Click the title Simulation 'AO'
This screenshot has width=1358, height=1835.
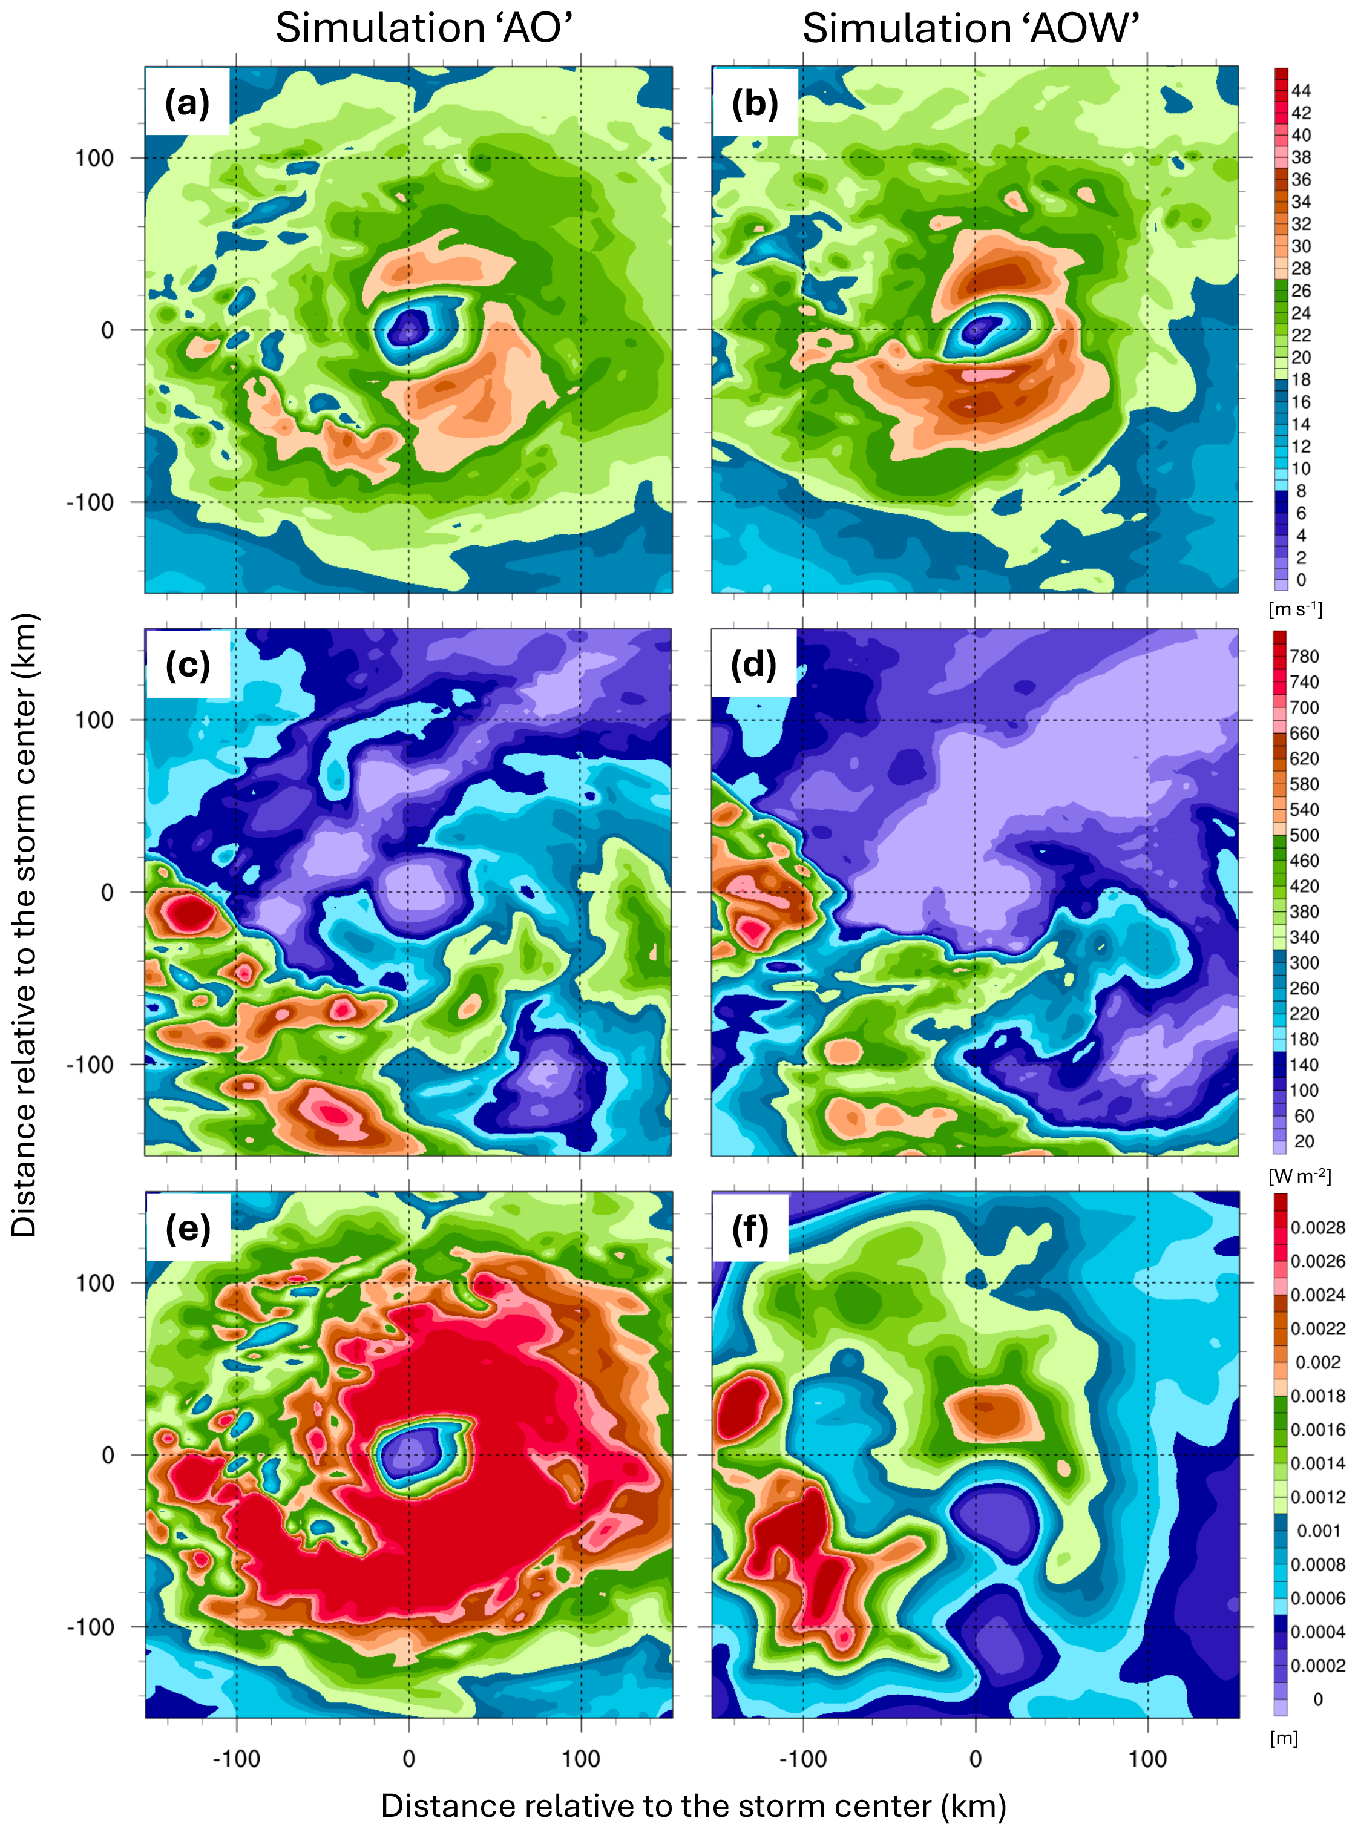click(x=424, y=29)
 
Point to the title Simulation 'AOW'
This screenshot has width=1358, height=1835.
click(x=970, y=29)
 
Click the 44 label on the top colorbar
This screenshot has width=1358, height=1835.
click(x=1301, y=90)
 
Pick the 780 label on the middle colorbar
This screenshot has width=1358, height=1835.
click(x=1304, y=656)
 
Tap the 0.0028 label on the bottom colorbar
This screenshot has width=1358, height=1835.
click(x=1317, y=1227)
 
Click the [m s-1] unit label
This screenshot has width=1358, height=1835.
click(x=1296, y=609)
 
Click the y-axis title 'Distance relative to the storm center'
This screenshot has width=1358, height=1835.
click(x=25, y=925)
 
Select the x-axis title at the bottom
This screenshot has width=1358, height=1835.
click(x=693, y=1805)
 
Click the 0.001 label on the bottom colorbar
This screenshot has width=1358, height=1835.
click(x=1317, y=1531)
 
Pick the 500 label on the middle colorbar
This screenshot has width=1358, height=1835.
click(x=1304, y=835)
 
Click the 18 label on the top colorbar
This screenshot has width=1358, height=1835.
click(x=1301, y=380)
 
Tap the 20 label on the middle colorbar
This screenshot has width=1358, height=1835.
click(x=1304, y=1141)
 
